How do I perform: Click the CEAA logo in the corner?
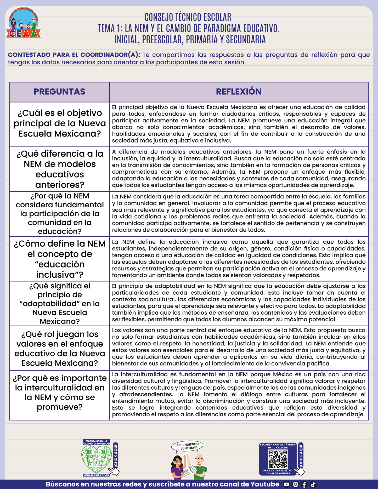point(24,23)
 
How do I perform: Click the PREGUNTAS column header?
point(59,92)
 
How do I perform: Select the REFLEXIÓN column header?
point(239,92)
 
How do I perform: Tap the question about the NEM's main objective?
point(60,123)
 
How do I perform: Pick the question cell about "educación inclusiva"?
point(60,259)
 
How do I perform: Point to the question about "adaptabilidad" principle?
point(60,303)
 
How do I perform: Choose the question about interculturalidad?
point(60,392)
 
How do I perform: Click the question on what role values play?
point(60,348)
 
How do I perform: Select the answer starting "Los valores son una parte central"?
point(239,347)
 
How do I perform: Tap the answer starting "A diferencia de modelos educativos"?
point(239,168)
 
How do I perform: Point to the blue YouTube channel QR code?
point(278,459)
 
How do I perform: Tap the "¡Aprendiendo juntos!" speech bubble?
point(187,446)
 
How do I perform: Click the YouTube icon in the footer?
point(286,485)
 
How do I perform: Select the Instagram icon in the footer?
point(295,485)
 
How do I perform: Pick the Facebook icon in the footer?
point(304,485)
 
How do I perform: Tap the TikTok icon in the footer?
point(313,485)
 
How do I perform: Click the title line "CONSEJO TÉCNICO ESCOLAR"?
point(188,17)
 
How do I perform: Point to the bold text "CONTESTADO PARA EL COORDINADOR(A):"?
point(74,55)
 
